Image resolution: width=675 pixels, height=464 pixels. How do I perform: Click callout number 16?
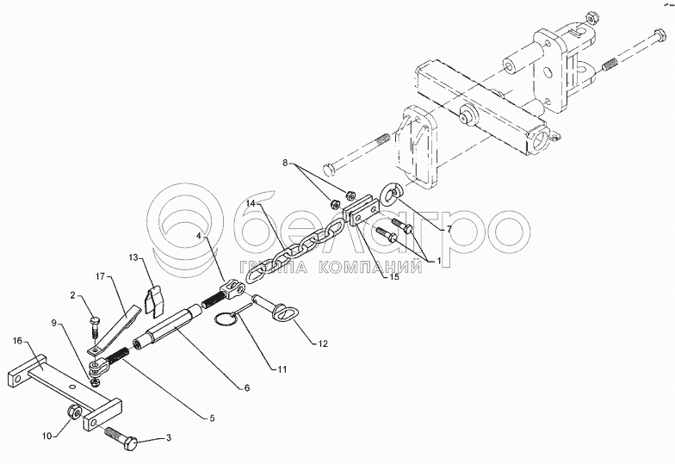coord(18,341)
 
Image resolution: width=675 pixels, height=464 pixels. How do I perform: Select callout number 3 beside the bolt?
coord(168,438)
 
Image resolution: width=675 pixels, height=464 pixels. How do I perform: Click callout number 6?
coord(246,388)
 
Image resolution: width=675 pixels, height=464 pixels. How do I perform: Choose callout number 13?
coord(134,257)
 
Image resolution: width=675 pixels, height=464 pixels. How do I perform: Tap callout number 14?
coord(251,202)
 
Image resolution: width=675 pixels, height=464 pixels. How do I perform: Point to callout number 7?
coord(449,228)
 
